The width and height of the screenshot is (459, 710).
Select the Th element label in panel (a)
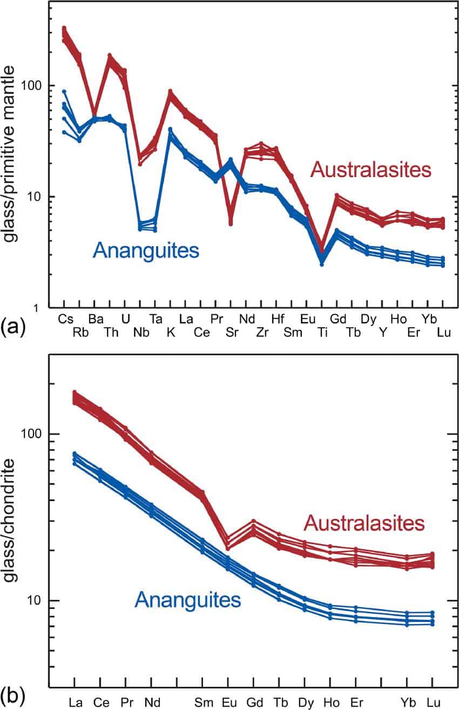(x=112, y=333)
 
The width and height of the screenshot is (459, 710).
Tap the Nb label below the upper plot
(x=142, y=333)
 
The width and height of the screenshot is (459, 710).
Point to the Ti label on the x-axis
(x=322, y=333)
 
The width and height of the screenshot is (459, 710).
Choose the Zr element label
(x=262, y=333)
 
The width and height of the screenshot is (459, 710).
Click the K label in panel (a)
(x=171, y=333)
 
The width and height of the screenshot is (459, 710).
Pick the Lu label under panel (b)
(x=433, y=702)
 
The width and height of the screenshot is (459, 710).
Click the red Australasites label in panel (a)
(x=370, y=170)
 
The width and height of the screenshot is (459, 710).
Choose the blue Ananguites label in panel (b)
(x=187, y=598)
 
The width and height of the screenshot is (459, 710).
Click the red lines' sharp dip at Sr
(x=231, y=221)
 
